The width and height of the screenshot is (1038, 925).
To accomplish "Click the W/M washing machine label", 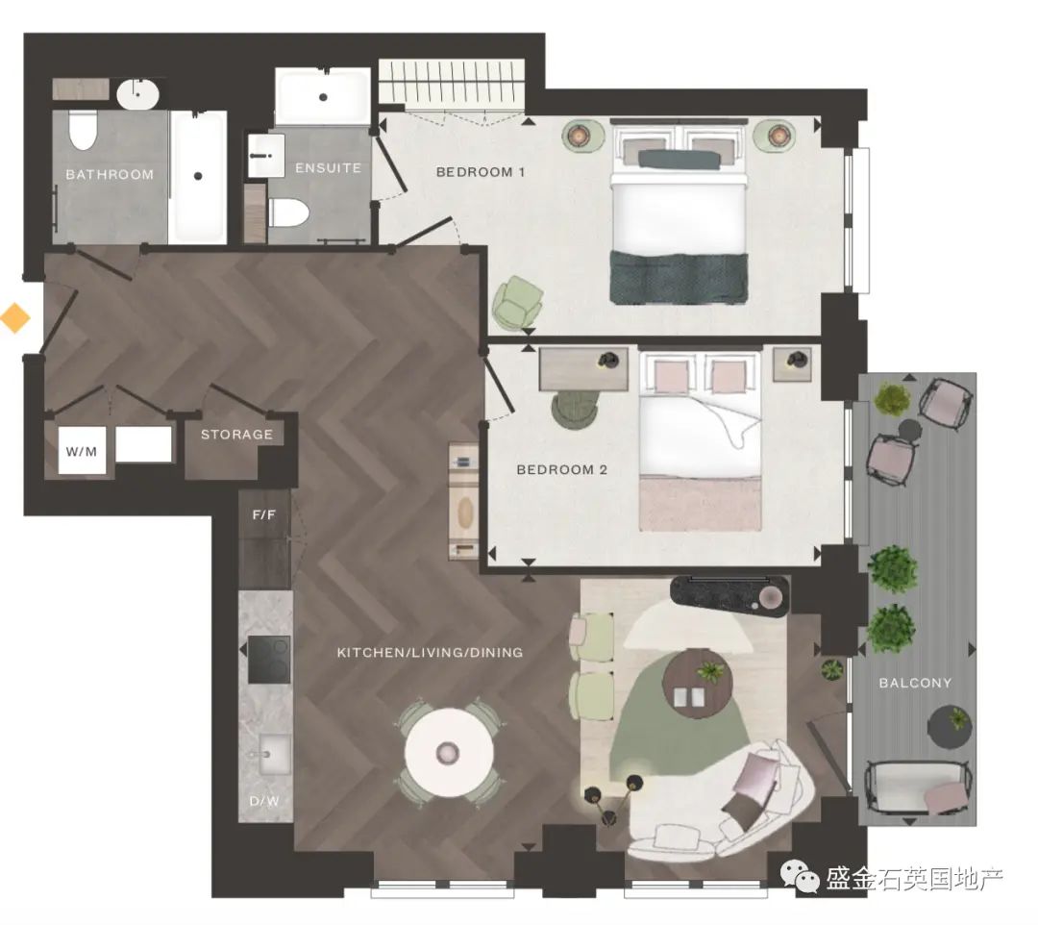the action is (x=82, y=452).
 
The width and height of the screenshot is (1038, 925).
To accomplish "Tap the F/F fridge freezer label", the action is (x=264, y=514).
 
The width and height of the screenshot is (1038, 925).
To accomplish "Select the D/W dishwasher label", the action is (x=264, y=801).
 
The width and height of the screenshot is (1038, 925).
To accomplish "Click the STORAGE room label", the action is (x=237, y=435).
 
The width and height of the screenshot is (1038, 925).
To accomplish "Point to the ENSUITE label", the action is (x=329, y=168).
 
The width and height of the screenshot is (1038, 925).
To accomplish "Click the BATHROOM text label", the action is (x=110, y=175).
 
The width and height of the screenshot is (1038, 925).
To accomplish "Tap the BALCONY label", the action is (x=916, y=683).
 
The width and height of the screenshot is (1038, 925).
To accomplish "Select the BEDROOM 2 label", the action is (x=562, y=469).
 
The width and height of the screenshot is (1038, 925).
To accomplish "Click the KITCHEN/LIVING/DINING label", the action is (x=431, y=652).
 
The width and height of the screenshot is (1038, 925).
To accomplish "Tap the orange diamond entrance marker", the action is (x=14, y=317).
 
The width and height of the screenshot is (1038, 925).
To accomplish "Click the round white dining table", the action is (x=450, y=753).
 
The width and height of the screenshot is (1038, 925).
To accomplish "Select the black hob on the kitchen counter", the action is (x=269, y=660).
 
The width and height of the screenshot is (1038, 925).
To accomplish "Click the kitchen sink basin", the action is (x=274, y=754).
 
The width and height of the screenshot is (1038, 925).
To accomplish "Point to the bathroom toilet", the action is (x=84, y=131).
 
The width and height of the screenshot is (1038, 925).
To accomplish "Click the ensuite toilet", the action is (x=289, y=212).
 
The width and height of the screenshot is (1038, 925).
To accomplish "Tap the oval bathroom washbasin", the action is (x=137, y=94).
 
